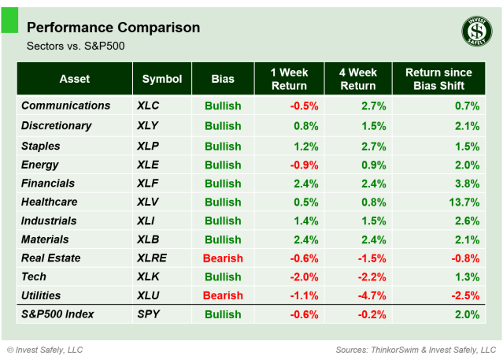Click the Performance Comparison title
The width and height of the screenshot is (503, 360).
pyautogui.click(x=113, y=28)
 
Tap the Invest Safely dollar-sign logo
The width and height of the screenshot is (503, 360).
pyautogui.click(x=476, y=32)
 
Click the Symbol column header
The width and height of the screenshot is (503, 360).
pyautogui.click(x=162, y=79)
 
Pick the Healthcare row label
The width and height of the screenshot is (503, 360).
pyautogui.click(x=50, y=202)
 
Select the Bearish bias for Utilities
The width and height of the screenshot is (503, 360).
pyautogui.click(x=223, y=295)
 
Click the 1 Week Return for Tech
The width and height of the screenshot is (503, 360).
pyautogui.click(x=302, y=277)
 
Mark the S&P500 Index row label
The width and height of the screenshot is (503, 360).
pyautogui.click(x=57, y=314)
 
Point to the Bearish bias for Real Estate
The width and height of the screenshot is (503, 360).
pyautogui.click(x=223, y=258)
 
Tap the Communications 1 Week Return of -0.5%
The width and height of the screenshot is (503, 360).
pyautogui.click(x=302, y=106)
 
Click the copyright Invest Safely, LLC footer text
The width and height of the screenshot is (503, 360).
pyautogui.click(x=45, y=349)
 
